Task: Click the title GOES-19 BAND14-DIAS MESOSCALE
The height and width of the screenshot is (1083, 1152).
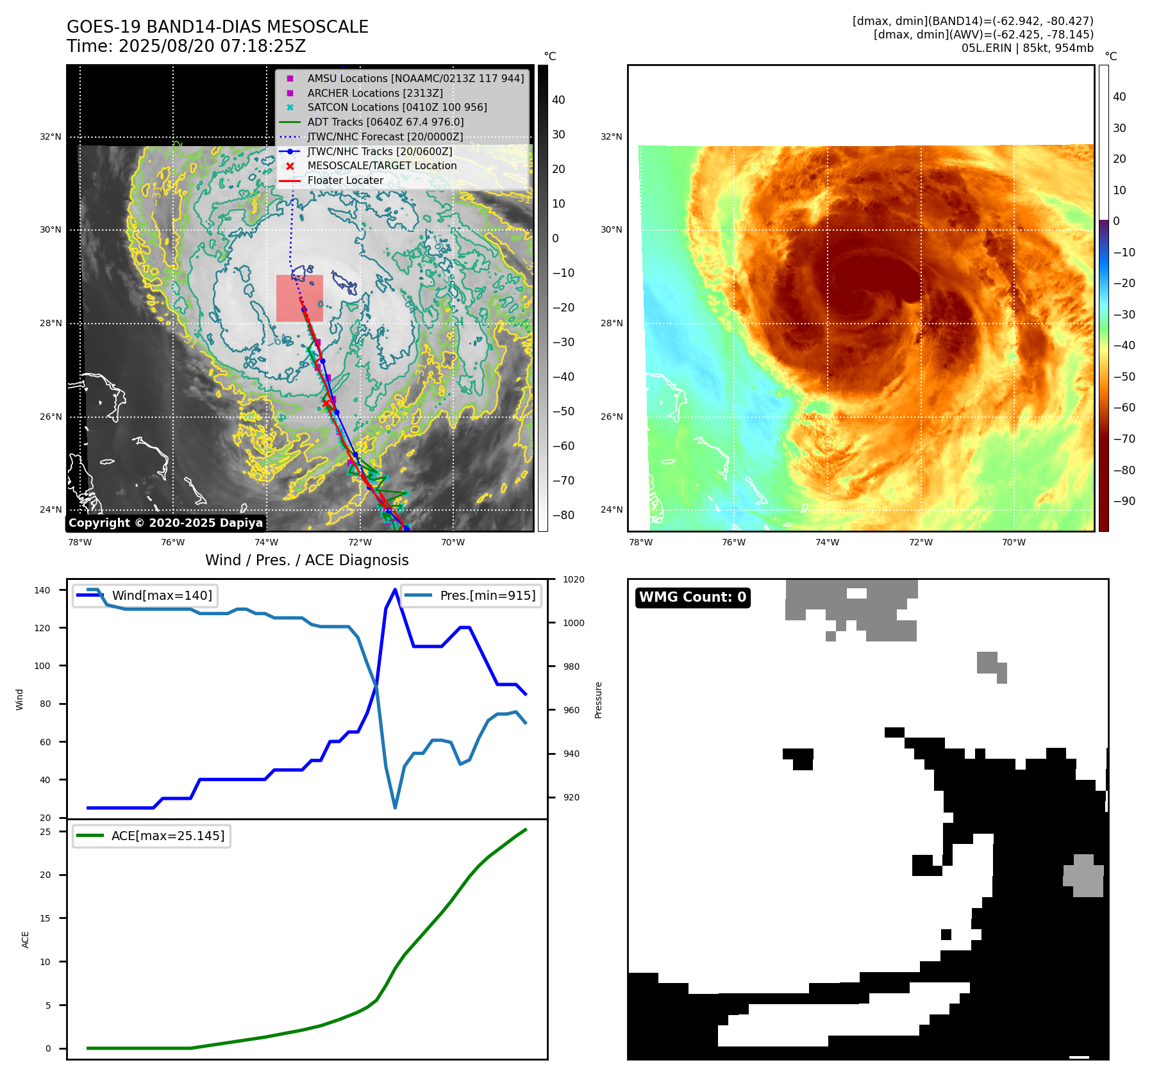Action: (x=217, y=27)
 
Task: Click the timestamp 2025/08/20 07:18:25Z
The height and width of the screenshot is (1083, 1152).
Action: (x=212, y=47)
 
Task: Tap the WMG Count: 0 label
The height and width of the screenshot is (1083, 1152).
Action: (x=692, y=597)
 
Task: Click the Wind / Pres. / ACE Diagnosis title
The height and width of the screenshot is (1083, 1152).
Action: (x=306, y=560)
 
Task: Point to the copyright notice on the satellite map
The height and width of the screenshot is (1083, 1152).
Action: (x=165, y=523)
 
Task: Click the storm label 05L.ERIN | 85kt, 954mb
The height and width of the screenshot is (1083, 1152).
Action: (x=1027, y=47)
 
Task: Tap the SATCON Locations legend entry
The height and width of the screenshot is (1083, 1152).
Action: (x=397, y=108)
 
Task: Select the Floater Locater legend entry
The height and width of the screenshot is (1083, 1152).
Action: (x=345, y=181)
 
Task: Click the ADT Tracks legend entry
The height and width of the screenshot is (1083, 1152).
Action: (x=385, y=122)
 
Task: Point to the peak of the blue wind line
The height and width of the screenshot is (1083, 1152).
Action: (x=395, y=590)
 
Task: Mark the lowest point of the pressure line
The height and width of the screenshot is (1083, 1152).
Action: (x=395, y=807)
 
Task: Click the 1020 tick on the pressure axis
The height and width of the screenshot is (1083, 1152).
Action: (x=573, y=579)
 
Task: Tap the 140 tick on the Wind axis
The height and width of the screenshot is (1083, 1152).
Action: (x=42, y=590)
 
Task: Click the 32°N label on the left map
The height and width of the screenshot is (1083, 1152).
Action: (x=51, y=136)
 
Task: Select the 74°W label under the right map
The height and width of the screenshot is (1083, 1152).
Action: (x=826, y=542)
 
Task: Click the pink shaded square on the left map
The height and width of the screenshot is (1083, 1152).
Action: (x=299, y=299)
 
